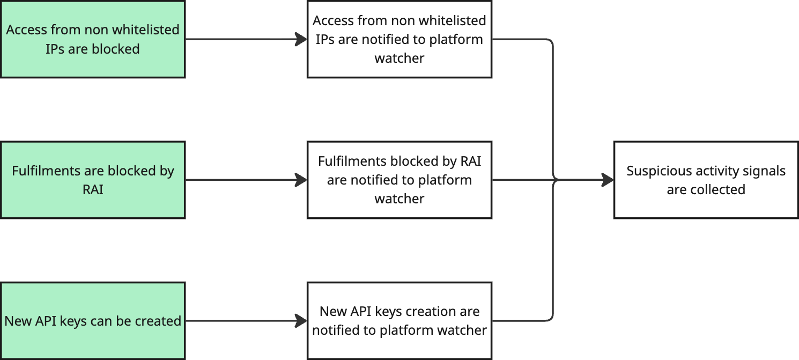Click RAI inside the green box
[x=93, y=190]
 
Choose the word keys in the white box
[x=382, y=312]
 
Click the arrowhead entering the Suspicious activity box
[x=608, y=180]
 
